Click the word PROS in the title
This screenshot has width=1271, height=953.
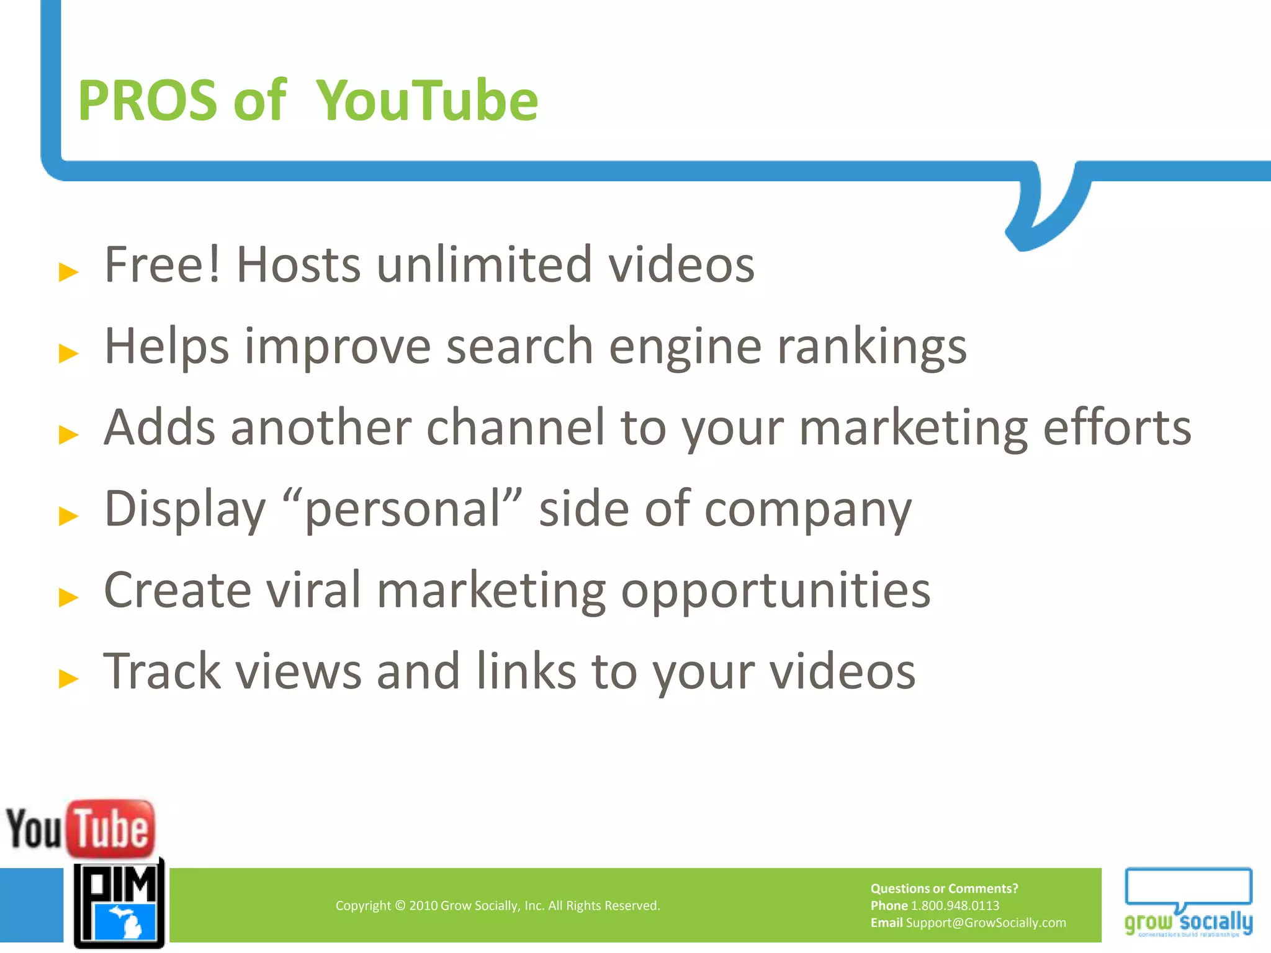click(x=148, y=101)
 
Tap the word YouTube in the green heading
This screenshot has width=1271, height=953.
click(x=427, y=101)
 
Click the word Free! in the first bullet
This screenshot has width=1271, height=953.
click(x=163, y=265)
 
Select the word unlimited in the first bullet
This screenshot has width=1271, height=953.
click(x=484, y=265)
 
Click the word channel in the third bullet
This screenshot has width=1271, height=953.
click(x=516, y=427)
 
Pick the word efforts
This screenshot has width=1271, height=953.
click(x=1117, y=427)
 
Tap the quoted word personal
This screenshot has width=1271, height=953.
click(x=403, y=509)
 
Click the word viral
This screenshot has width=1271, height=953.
click(x=314, y=590)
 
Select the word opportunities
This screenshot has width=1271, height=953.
click(x=776, y=591)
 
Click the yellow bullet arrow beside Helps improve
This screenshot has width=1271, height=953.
click(x=68, y=353)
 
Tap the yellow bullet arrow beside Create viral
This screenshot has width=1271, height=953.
click(x=68, y=597)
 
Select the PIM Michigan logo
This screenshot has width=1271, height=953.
click(x=119, y=903)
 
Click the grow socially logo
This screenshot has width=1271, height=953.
click(x=1188, y=903)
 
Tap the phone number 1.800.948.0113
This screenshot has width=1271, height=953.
click(x=955, y=906)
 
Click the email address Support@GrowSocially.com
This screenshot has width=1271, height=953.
click(x=986, y=923)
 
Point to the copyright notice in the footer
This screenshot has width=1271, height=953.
click(x=498, y=906)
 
